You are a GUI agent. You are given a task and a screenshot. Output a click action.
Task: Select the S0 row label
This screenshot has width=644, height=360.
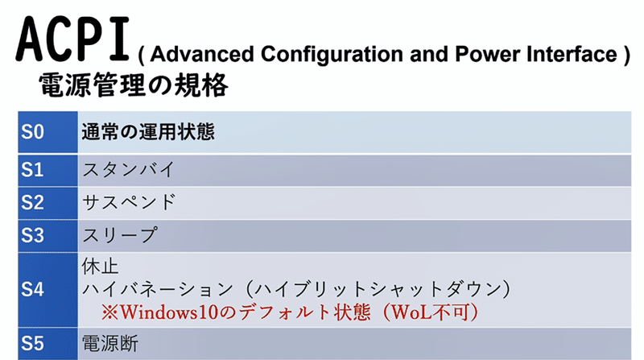click(32, 132)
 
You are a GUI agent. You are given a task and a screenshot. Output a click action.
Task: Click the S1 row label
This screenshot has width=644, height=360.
click(32, 170)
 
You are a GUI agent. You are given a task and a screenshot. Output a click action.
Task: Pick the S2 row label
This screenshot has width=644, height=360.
click(32, 202)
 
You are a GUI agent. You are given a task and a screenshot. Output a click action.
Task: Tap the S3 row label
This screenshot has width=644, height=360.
click(32, 235)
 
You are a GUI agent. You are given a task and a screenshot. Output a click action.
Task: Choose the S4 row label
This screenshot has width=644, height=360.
click(32, 288)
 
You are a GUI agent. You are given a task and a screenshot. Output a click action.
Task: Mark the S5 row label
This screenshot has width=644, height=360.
click(32, 342)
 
